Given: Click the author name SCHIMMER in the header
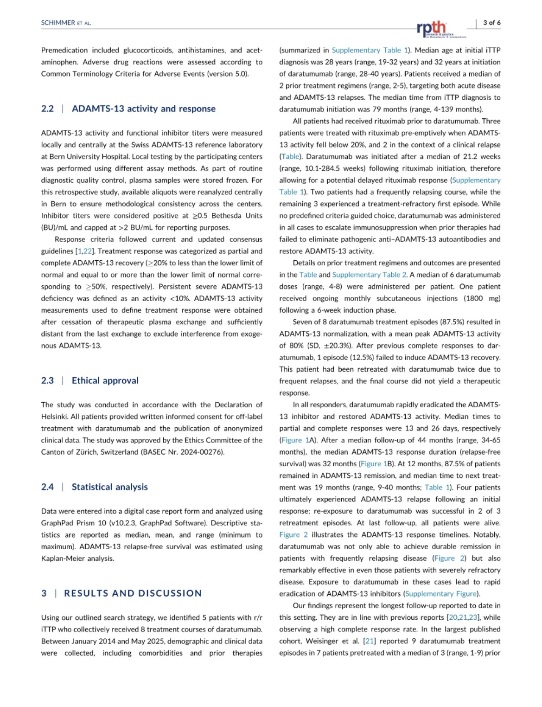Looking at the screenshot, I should point(58,23).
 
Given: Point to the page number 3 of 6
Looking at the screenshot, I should point(491,22).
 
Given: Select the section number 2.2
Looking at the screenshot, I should point(47,109).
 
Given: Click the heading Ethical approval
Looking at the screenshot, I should point(105,380).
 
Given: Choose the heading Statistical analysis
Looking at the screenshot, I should point(109,487).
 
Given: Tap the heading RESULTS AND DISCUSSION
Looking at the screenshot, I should point(133,593).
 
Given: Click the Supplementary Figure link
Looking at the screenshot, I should point(441,593).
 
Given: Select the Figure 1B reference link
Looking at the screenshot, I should point(374,463).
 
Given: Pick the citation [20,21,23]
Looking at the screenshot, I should point(463,617).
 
